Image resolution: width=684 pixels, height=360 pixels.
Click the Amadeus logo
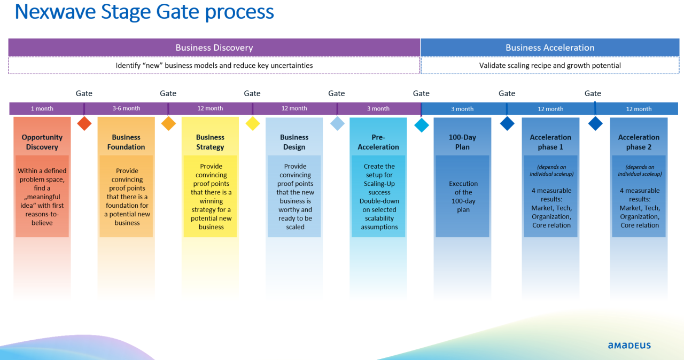[x=629, y=346]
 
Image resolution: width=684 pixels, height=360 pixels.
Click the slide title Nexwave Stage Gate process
[x=144, y=12]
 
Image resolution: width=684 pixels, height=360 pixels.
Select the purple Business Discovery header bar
[x=214, y=48]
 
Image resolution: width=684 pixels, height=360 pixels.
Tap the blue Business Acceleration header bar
[x=550, y=48]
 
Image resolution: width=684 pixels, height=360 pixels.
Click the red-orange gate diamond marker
[x=84, y=123]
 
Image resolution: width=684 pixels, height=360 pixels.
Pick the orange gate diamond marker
[x=168, y=123]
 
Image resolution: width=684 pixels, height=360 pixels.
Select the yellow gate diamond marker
[x=252, y=123]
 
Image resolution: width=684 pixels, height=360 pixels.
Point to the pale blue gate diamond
[x=337, y=123]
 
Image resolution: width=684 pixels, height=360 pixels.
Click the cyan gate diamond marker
[x=422, y=125]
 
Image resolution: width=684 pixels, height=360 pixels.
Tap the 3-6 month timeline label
[x=126, y=108]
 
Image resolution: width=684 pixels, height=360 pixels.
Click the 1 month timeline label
[x=42, y=108]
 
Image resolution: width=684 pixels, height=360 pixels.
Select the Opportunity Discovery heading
[x=42, y=142]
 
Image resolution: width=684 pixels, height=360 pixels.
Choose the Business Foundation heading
[x=126, y=142]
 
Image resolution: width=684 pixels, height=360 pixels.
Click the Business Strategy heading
[x=210, y=142]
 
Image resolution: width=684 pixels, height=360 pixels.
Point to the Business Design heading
[x=294, y=142]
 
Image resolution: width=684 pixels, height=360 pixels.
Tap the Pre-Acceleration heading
[x=378, y=142]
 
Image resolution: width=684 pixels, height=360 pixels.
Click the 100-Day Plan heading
[x=462, y=142]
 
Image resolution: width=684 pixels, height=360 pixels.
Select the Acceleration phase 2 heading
[x=639, y=142]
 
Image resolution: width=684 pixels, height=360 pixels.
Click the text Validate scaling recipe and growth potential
[x=550, y=66]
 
